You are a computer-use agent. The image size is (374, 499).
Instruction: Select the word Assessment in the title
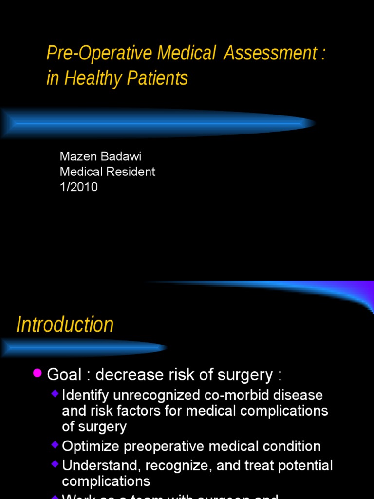(x=270, y=54)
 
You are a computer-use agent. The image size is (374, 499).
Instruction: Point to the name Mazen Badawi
(x=100, y=156)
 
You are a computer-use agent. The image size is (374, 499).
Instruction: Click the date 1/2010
(x=78, y=187)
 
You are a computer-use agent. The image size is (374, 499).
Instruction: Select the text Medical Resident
(x=108, y=172)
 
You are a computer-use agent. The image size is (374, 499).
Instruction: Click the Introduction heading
(x=65, y=325)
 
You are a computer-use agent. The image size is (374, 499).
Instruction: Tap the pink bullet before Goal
(x=37, y=373)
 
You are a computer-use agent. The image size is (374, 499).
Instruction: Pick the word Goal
(x=64, y=375)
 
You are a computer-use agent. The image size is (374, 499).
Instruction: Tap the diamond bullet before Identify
(x=55, y=393)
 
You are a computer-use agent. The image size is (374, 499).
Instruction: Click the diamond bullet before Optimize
(x=55, y=444)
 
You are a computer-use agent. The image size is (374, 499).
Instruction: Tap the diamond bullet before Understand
(x=55, y=463)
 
